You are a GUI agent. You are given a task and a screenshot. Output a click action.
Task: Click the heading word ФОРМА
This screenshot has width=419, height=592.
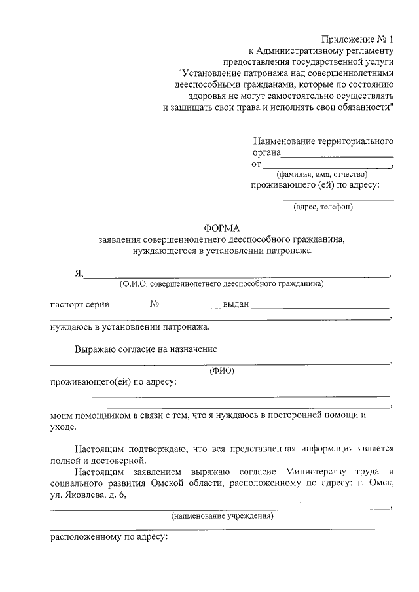pyautogui.click(x=222, y=228)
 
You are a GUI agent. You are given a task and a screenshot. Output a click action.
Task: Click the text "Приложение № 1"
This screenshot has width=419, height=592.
pyautogui.click(x=358, y=39)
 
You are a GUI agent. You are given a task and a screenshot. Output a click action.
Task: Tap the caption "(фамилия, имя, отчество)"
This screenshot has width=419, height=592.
pyautogui.click(x=321, y=175)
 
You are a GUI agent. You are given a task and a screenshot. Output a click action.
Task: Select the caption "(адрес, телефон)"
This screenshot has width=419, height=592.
pyautogui.click(x=323, y=207)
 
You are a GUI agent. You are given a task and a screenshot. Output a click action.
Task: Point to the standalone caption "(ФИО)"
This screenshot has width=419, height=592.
pyautogui.click(x=222, y=371)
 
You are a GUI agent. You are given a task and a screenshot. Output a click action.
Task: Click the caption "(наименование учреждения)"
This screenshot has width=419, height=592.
pyautogui.click(x=222, y=517)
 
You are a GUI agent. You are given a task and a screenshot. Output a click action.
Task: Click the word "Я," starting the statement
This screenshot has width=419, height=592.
pyautogui.click(x=79, y=275)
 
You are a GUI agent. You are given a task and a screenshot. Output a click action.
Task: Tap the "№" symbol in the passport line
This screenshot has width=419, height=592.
pyautogui.click(x=155, y=305)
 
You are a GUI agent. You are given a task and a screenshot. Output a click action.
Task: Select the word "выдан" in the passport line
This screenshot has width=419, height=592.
pyautogui.click(x=236, y=305)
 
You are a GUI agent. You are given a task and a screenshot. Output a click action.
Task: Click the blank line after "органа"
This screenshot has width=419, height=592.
pyautogui.click(x=337, y=156)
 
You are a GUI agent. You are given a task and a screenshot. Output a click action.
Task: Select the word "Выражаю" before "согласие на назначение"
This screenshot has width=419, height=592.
pyautogui.click(x=95, y=349)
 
